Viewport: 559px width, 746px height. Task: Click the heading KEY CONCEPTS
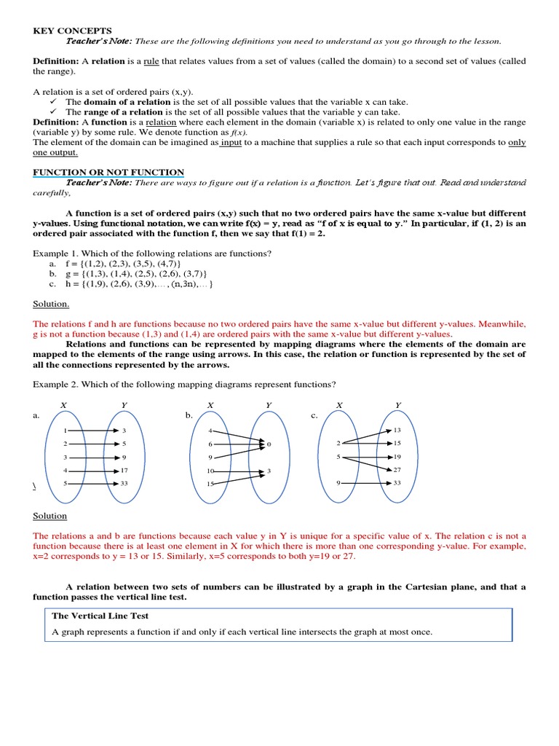coord(73,31)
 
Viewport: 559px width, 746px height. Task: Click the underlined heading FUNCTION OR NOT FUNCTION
coord(108,172)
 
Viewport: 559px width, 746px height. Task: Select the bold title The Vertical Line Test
coord(100,616)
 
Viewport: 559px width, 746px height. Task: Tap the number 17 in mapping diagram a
coord(124,471)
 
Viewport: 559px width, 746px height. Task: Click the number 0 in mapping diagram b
coord(269,444)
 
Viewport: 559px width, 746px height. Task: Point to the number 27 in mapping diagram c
coord(397,470)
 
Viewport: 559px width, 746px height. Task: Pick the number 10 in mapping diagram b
coord(210,471)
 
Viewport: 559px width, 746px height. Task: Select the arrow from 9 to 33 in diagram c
coord(367,483)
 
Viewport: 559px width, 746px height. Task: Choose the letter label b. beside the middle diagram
coord(189,415)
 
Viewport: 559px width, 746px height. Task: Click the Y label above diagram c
coord(397,404)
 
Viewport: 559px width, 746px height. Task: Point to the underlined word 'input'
coord(231,143)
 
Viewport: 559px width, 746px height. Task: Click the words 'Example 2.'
coord(55,385)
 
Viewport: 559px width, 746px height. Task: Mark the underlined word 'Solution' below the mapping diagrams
coord(49,516)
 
